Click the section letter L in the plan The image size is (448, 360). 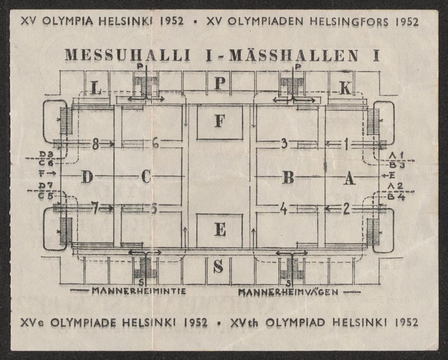point(97,88)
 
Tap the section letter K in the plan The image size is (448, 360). point(345,88)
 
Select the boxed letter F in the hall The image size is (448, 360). point(220,122)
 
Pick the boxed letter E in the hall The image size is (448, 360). point(220,231)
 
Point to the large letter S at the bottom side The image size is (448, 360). point(219,266)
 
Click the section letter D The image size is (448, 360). point(87,177)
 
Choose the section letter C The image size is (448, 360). point(146,177)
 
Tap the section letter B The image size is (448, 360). point(288,178)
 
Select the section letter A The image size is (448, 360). point(349,179)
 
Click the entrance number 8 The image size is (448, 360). point(96,144)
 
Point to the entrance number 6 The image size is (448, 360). point(155,143)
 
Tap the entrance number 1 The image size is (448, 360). point(346,144)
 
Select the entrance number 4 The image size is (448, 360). point(284,209)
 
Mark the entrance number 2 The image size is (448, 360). point(346,209)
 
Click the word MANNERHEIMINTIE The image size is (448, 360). point(139,291)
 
